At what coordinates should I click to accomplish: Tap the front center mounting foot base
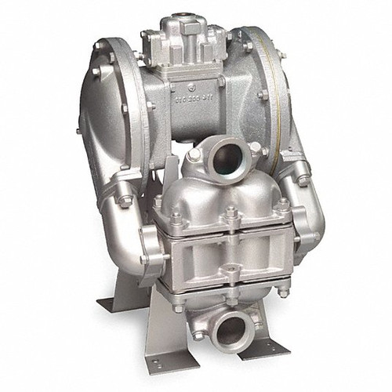click(185, 358)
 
